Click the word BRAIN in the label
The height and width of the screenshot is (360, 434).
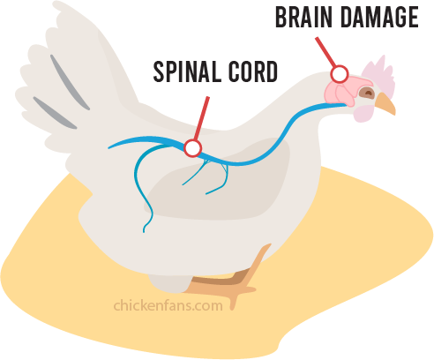(x=303, y=17)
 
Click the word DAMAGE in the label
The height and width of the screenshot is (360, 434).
(x=379, y=17)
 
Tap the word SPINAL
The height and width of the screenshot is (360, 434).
(x=187, y=71)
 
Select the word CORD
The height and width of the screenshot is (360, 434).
(x=253, y=71)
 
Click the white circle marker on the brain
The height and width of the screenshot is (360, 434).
(x=340, y=74)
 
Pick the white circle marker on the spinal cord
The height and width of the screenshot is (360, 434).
(x=192, y=148)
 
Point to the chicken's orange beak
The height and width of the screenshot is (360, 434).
(x=385, y=103)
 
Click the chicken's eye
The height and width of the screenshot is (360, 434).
(x=366, y=93)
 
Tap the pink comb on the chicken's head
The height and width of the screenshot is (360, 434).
(x=379, y=74)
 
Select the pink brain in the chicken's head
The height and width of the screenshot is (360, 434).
(x=346, y=90)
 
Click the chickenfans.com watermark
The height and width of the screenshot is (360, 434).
(x=168, y=305)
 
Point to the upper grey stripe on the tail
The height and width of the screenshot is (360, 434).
(x=70, y=82)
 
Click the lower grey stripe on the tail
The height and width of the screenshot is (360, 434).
(x=55, y=113)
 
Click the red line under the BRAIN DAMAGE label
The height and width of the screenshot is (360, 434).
(x=325, y=52)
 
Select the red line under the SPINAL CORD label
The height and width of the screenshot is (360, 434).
(x=202, y=118)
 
